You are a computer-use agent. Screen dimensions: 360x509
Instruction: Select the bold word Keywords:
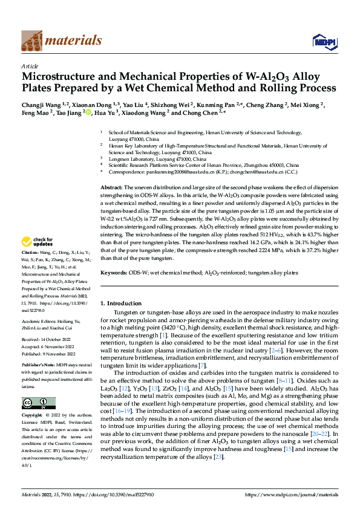point(113,273)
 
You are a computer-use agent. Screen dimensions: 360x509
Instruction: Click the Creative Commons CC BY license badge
point(39,403)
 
